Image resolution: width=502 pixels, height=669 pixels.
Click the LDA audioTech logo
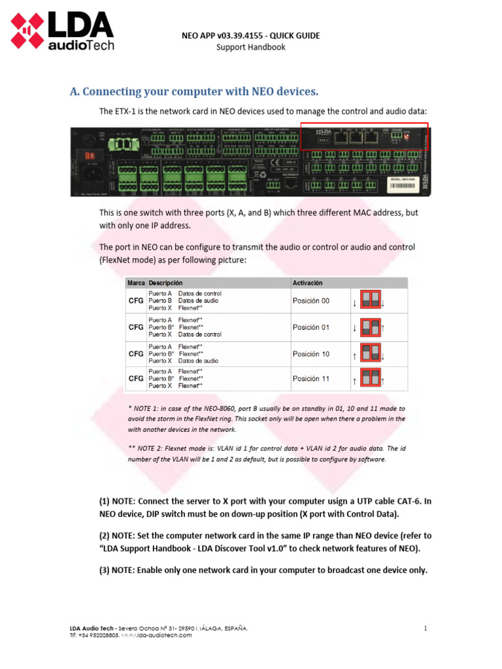[62, 33]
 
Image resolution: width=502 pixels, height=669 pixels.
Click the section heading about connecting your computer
[194, 91]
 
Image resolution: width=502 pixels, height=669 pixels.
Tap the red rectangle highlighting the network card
[364, 137]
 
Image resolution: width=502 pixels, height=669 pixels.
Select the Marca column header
[136, 283]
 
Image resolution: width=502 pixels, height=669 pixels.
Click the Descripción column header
[165, 283]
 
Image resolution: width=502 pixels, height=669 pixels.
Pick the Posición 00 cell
[311, 301]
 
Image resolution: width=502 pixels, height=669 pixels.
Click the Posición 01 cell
[311, 327]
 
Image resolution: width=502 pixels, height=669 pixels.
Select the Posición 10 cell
[311, 354]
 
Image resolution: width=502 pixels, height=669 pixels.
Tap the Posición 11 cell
[311, 379]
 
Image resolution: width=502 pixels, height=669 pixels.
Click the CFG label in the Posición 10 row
[135, 354]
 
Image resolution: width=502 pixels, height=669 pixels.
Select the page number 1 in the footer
[425, 628]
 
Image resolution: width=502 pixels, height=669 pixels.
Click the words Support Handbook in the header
[251, 47]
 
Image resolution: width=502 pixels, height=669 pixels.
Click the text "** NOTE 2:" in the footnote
[146, 449]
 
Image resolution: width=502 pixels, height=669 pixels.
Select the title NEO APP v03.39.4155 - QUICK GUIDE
[251, 36]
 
